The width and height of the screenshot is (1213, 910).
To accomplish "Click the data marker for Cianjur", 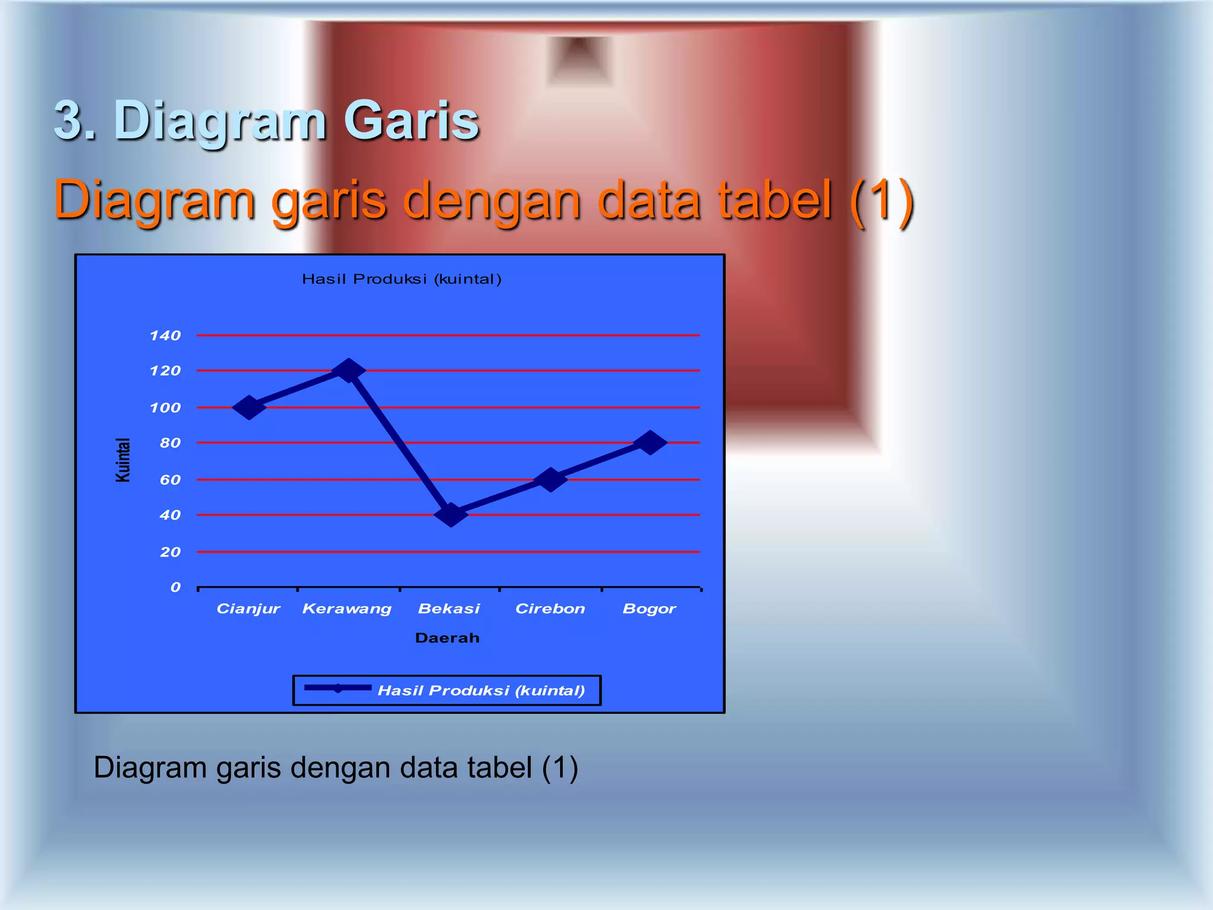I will [x=249, y=408].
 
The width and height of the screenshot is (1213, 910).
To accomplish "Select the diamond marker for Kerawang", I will [x=348, y=370].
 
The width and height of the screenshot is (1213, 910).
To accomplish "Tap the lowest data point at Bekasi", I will [x=451, y=514].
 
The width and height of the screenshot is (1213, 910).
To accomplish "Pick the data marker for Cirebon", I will [x=550, y=479].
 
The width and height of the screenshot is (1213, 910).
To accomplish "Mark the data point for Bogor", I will [x=650, y=443].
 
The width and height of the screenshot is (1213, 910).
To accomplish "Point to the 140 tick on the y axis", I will [x=165, y=336].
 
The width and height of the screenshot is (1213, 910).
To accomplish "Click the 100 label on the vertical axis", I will [x=165, y=408].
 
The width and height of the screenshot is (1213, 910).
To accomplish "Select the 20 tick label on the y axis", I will [x=170, y=552].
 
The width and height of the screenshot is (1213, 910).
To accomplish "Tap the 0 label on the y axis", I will [x=175, y=587].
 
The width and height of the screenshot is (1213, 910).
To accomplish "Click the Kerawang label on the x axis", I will [x=346, y=609].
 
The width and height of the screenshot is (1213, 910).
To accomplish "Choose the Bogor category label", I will [x=649, y=609].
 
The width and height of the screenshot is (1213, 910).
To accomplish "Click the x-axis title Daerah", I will [x=447, y=638].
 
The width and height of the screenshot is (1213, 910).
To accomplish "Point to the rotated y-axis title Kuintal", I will [x=122, y=460].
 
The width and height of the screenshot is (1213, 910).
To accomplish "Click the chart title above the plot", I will [x=402, y=279].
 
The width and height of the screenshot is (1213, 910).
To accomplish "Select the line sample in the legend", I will [x=338, y=688].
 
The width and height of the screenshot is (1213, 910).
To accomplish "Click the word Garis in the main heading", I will [x=411, y=121].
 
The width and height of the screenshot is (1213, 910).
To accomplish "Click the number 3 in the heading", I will [x=70, y=121].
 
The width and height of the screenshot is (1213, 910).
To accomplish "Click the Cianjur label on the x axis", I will [x=248, y=609].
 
